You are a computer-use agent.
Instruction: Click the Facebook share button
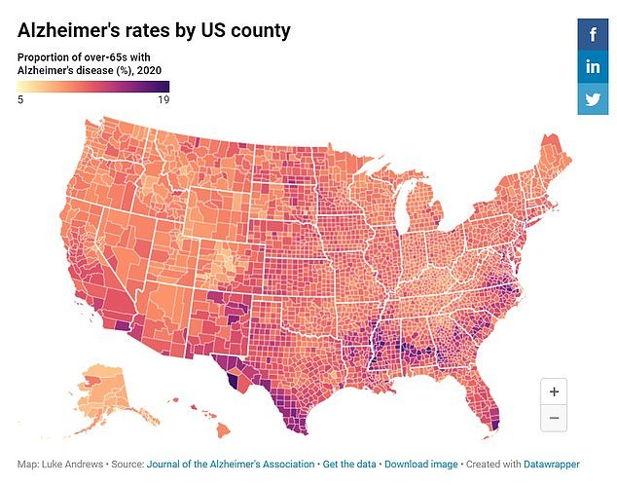click(593, 35)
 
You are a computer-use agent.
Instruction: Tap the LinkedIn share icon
click(593, 67)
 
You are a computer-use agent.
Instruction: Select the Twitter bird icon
click(593, 99)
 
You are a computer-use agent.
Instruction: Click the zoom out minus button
click(554, 418)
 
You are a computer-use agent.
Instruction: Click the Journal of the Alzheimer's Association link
click(231, 464)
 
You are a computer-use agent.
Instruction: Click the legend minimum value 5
click(20, 98)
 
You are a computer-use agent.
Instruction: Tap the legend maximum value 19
click(163, 98)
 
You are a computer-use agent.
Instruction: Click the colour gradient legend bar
click(93, 85)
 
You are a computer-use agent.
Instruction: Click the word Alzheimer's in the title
click(77, 30)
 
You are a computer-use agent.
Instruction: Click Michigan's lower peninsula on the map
click(420, 209)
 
